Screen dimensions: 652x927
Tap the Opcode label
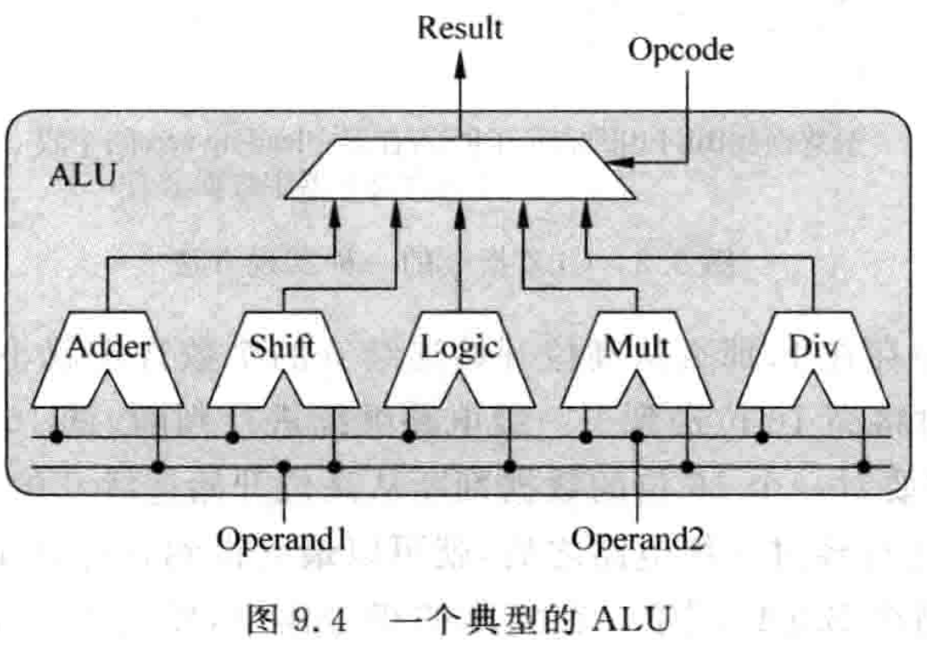point(681,50)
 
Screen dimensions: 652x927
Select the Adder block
point(108,348)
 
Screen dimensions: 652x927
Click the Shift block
point(284,348)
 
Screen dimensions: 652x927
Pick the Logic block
point(460,348)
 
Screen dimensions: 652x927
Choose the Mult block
point(637,348)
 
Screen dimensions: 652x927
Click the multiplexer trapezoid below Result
point(460,168)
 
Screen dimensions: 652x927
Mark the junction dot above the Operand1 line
point(284,467)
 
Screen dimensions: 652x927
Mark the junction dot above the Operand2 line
point(637,437)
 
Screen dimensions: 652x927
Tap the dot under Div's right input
point(864,467)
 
